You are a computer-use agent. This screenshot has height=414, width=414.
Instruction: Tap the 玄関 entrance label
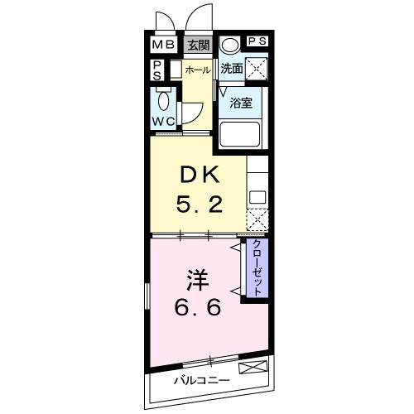pos(197,45)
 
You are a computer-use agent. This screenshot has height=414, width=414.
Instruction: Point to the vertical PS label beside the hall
pos(157,72)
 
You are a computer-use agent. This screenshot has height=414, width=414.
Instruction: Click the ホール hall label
pos(197,70)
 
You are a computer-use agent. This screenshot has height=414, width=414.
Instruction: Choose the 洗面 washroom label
pos(232,70)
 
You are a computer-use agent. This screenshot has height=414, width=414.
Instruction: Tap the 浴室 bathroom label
pos(241,104)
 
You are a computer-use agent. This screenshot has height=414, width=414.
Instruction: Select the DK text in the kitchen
pos(199,176)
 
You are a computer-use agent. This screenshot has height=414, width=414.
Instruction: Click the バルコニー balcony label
pos(202,381)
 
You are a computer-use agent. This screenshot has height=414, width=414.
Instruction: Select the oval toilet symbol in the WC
pos(163,103)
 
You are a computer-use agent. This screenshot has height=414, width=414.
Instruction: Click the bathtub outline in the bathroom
pos(239,134)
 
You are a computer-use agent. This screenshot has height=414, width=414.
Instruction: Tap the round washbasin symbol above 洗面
pos(231,44)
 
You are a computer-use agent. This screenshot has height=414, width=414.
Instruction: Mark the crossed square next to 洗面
pos(257,70)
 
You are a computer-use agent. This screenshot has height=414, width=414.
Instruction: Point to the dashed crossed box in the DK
pos(258,219)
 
